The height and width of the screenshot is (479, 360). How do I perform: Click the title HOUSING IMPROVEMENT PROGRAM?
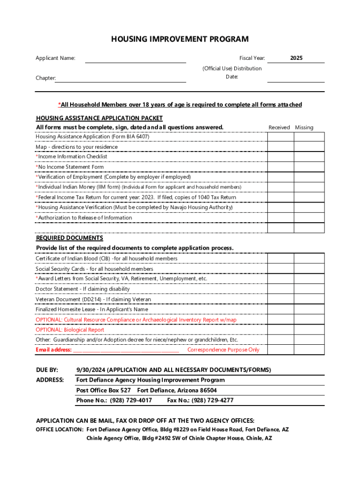point(180,39)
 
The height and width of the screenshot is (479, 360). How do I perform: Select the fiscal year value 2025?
point(295,58)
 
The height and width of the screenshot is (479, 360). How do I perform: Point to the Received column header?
point(279,127)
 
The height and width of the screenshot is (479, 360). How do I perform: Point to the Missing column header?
point(304,127)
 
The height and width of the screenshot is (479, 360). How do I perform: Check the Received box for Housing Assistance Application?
point(280,137)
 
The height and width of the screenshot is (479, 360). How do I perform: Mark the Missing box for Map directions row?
point(309,147)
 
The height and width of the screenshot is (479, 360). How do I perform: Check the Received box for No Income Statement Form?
point(280,167)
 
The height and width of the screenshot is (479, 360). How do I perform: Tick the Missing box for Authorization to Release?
point(309,218)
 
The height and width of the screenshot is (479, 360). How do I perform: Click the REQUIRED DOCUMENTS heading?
point(69,238)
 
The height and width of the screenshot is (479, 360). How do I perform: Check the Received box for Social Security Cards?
point(280,269)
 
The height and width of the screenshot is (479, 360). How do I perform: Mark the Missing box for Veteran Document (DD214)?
point(309,299)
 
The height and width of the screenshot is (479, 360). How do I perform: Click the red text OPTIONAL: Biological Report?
point(70,330)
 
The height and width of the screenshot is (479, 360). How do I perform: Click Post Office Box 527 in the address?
point(103,390)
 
